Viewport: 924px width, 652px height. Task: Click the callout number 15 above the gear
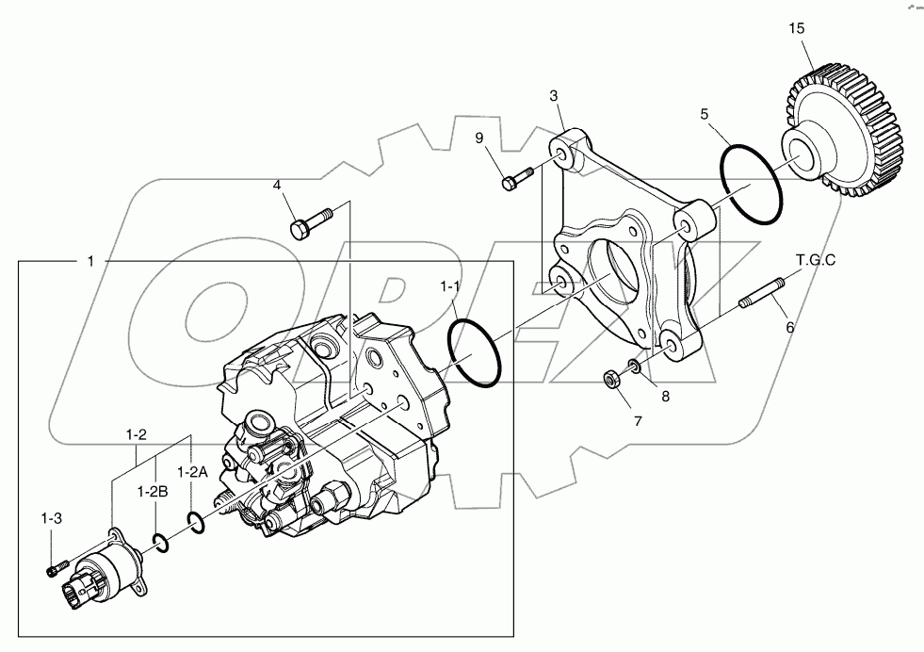(797, 29)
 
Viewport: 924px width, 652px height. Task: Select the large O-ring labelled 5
(751, 185)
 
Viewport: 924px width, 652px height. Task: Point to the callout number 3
(554, 96)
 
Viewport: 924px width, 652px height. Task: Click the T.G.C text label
(816, 260)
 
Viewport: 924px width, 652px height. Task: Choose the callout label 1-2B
(152, 491)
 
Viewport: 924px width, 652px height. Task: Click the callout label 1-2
(138, 434)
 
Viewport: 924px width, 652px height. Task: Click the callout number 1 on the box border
(90, 261)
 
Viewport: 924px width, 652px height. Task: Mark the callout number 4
(277, 185)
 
